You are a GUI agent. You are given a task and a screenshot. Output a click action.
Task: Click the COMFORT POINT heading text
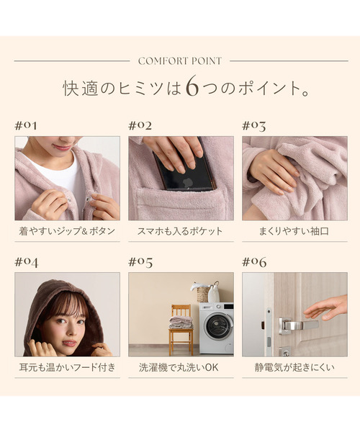[x=180, y=61]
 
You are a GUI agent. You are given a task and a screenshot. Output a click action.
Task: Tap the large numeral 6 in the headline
[x=191, y=87]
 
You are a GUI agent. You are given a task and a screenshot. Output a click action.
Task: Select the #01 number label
[x=26, y=125]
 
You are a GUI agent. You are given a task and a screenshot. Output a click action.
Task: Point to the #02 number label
[x=140, y=125]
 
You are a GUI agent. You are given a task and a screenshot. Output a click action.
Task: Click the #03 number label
[x=254, y=125]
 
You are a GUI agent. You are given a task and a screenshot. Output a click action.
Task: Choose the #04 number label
[x=27, y=261]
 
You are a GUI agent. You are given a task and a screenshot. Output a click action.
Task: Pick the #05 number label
[x=140, y=261]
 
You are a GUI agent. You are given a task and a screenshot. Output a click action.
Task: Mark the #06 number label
[x=254, y=261]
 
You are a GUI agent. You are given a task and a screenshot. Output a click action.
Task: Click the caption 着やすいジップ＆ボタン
[x=67, y=232]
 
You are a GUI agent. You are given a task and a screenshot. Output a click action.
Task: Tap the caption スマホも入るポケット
[x=181, y=232]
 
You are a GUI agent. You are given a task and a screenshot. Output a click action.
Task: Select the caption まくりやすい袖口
[x=294, y=232]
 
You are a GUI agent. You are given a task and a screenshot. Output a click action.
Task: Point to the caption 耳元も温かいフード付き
[x=67, y=368]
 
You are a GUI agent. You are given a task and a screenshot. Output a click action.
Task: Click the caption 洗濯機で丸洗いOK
[x=181, y=368]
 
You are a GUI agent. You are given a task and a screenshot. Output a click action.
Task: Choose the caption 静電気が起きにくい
[x=294, y=368]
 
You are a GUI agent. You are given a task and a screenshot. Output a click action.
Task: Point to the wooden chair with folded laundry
[x=181, y=328]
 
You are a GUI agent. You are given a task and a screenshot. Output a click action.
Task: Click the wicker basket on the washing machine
[x=204, y=293]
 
